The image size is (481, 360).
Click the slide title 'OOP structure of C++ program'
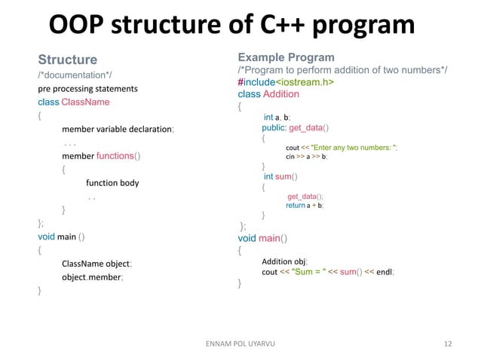pos(231,25)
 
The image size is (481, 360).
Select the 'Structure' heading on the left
pos(68,59)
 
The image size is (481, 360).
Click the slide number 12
pos(449,343)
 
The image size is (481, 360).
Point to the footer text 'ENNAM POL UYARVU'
pos(240,343)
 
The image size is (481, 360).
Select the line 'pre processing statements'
pos(87,89)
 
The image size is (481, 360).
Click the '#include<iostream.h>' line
pos(287,82)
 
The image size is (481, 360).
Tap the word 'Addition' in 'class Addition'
pos(280,94)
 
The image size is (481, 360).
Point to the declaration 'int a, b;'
pos(277,117)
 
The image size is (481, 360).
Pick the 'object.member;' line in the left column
pos(93,277)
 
